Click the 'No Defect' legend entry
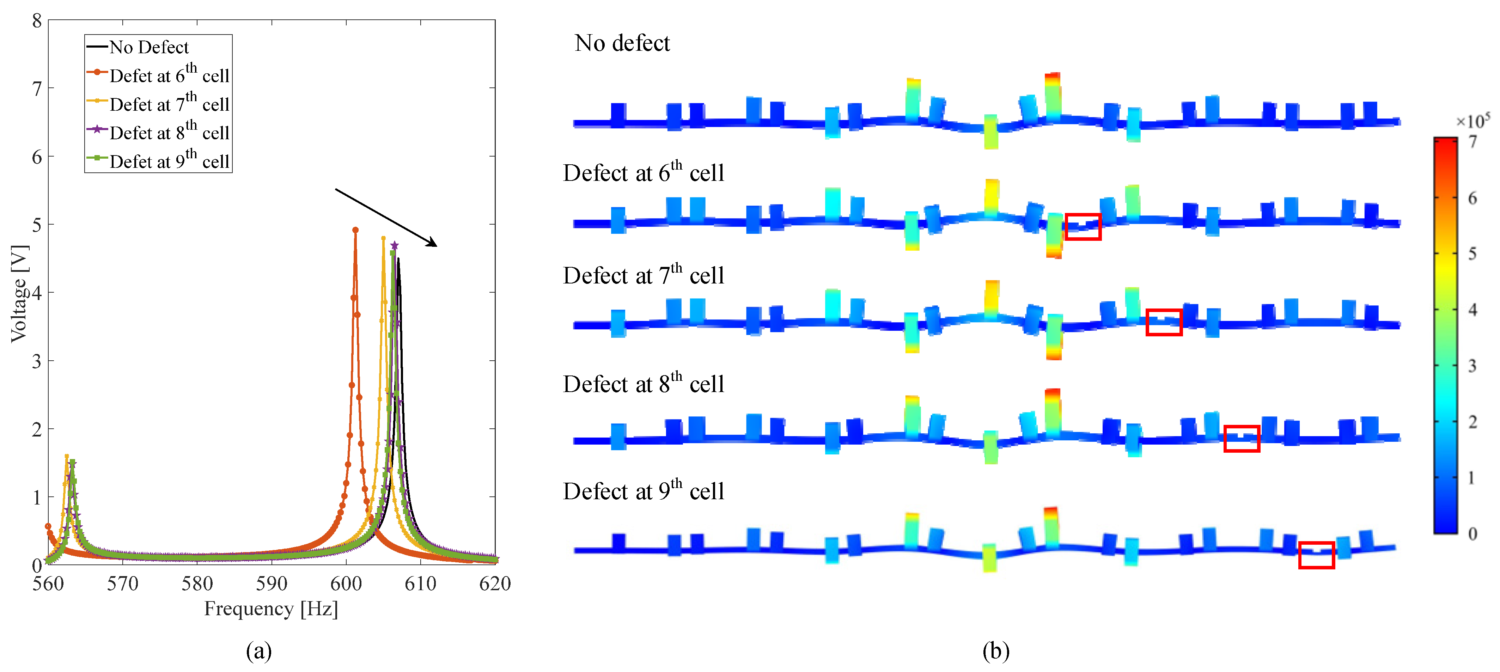(148, 47)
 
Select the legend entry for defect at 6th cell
(169, 74)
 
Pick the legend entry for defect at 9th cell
(169, 160)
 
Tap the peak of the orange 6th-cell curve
(355, 230)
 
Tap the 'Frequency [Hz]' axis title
(271, 609)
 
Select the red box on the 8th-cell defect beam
(1242, 439)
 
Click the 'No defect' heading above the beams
(622, 43)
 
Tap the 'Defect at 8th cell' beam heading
(644, 384)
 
